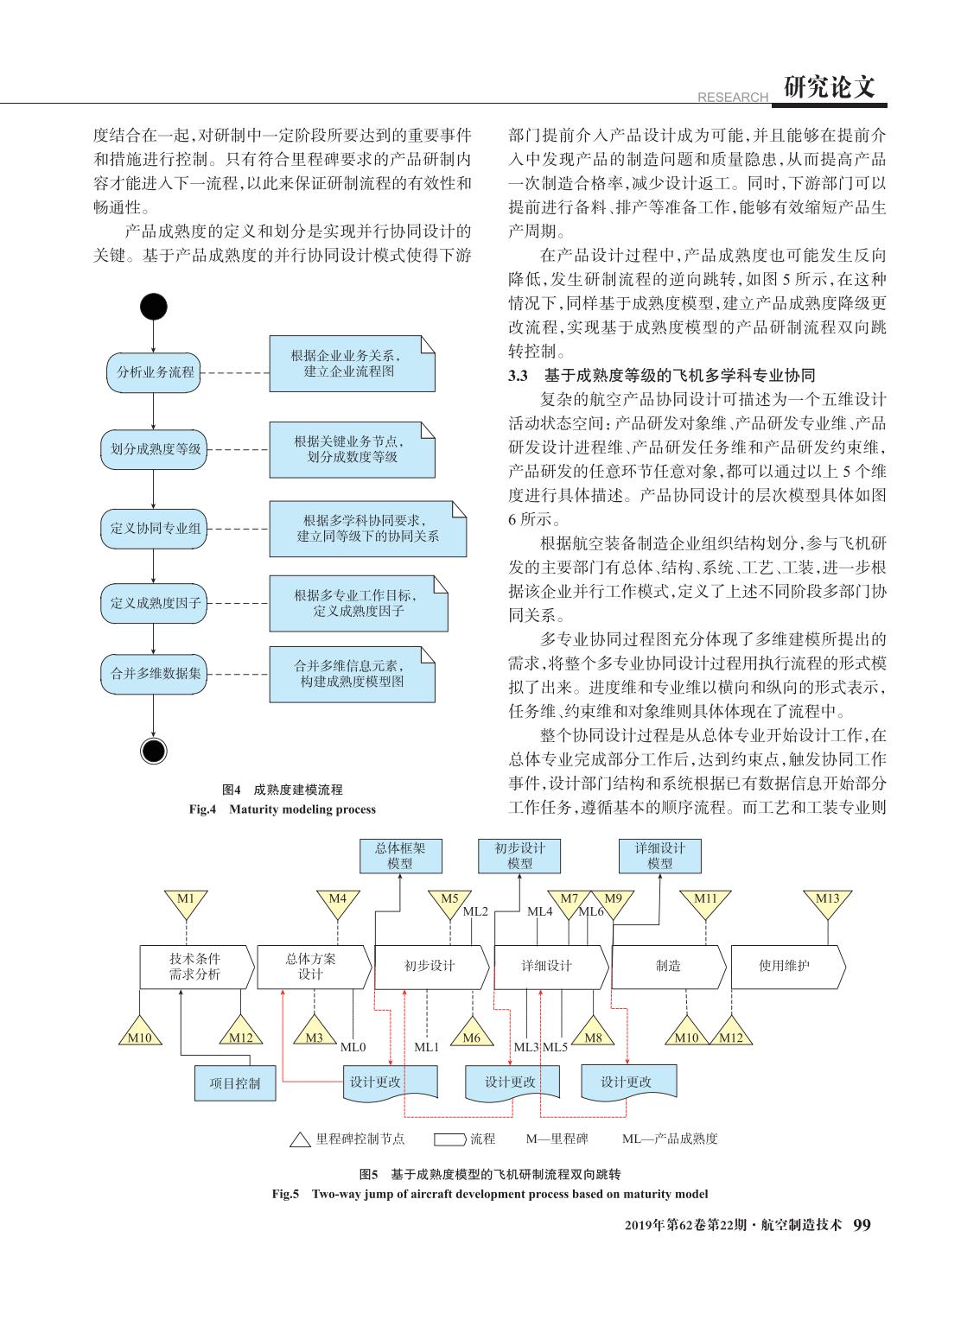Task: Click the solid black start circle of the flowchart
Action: (153, 307)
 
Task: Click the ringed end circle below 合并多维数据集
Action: (153, 751)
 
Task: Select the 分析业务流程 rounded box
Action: (154, 372)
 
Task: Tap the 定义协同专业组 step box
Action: (154, 529)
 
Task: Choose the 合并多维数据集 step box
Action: (154, 674)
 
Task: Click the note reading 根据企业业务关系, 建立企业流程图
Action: (352, 364)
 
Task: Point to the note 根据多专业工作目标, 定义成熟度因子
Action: (359, 603)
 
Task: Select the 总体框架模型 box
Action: (401, 856)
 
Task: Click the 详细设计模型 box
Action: (659, 856)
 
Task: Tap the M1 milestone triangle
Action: (186, 903)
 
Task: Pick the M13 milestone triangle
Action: (827, 903)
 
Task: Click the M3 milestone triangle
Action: (315, 1032)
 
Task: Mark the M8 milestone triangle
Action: (593, 1032)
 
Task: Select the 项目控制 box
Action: (235, 1083)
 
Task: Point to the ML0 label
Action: (353, 1047)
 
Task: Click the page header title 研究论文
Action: (829, 87)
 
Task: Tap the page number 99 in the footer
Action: (862, 1225)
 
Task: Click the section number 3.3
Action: (518, 376)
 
